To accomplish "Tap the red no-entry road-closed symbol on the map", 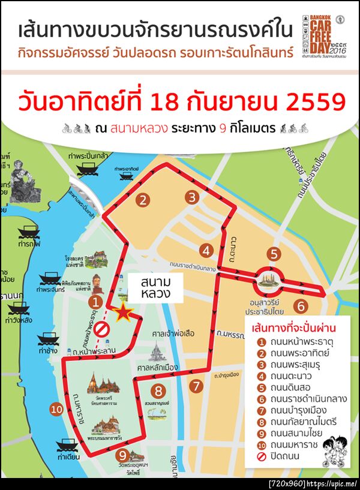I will click(103, 328).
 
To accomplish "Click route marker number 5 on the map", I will click(274, 254).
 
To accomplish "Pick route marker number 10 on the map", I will click(56, 410).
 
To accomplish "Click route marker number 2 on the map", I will click(142, 200).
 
